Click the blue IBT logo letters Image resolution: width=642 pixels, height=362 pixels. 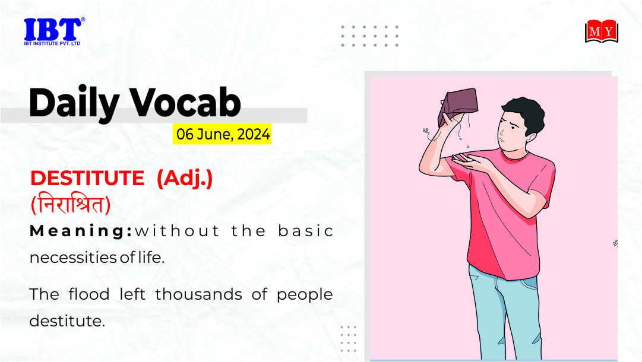(x=53, y=29)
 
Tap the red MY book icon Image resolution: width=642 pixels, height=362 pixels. (x=602, y=31)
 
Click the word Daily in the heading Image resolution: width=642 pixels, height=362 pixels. (x=74, y=103)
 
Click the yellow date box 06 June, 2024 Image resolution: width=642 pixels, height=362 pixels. (x=222, y=134)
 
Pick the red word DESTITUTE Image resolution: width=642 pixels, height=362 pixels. (x=87, y=179)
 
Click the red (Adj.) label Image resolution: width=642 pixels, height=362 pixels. (x=185, y=179)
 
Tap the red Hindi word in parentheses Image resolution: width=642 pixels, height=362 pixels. (x=71, y=204)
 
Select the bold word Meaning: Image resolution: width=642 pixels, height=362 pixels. (x=81, y=231)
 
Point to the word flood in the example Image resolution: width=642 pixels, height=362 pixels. (x=89, y=294)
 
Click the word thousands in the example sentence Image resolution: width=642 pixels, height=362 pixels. (x=198, y=294)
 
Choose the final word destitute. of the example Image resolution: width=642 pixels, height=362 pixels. (x=67, y=320)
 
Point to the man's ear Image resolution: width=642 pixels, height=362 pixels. (x=530, y=137)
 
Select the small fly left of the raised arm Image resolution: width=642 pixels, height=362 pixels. (x=426, y=131)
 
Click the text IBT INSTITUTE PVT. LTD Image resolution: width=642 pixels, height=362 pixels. (x=52, y=43)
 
